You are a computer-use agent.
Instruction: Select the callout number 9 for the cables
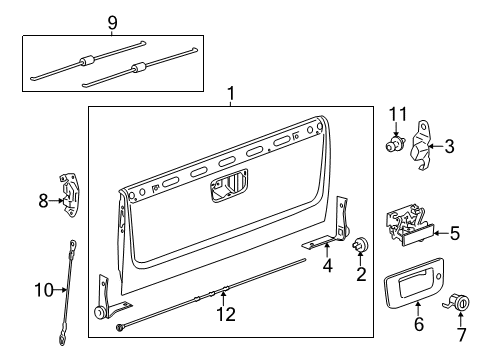(113, 21)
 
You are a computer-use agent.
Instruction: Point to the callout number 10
(42, 290)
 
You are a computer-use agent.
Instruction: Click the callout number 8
(43, 200)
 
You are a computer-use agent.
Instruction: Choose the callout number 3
(448, 147)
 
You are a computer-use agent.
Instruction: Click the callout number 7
(463, 325)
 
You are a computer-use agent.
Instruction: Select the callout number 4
(326, 266)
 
